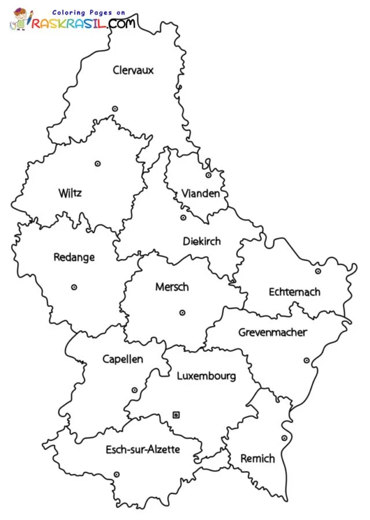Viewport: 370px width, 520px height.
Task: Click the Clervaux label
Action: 134,70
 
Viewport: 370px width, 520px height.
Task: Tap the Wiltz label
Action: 70,192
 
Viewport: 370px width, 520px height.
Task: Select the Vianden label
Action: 201,193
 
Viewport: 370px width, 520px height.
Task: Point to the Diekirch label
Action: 202,241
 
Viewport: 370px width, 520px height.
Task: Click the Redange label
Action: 74,257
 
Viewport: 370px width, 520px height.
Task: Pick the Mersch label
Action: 172,287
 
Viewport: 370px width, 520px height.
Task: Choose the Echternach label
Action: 294,292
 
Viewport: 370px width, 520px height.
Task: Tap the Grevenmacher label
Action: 273,332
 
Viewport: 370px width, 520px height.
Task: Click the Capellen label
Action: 123,359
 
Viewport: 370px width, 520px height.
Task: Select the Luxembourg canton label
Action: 206,376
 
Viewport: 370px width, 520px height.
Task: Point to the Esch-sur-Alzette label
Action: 143,449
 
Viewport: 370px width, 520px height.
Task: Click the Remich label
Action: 257,458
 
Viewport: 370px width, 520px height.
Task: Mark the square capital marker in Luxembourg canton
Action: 176,414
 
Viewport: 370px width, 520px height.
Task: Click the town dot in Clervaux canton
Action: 115,109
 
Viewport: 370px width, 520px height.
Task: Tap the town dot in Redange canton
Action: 74,287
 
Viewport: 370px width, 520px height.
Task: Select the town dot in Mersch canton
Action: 182,313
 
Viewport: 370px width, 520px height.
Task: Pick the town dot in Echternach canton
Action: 318,271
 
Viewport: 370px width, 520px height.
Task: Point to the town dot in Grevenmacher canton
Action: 306,361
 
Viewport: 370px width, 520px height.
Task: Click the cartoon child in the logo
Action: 20,19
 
